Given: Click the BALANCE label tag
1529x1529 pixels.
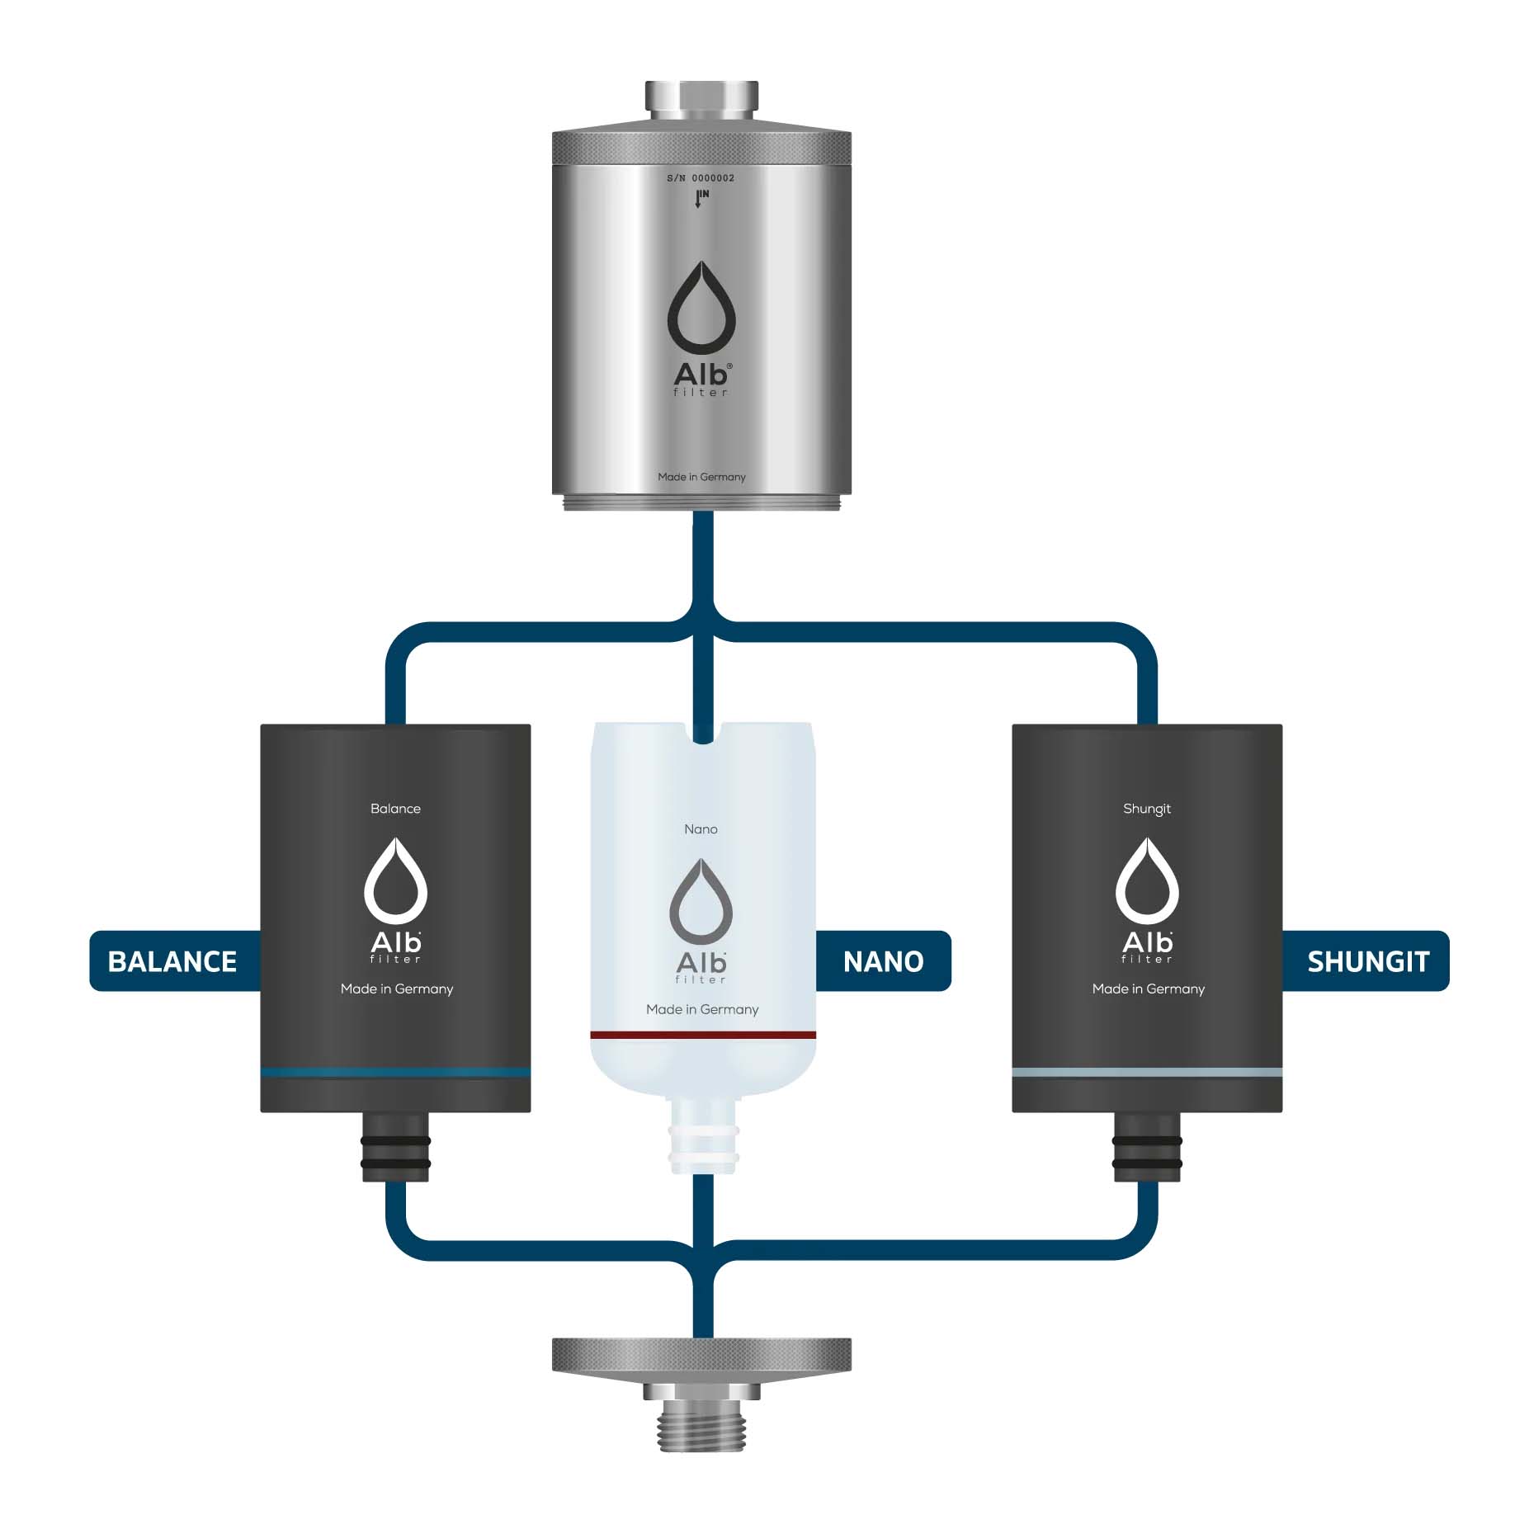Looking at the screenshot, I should coord(172,961).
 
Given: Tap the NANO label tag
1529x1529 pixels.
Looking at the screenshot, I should coord(883,961).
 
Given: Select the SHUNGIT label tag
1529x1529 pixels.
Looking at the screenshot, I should coord(1367,961).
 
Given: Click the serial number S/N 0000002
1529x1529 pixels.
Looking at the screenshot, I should coord(701,178).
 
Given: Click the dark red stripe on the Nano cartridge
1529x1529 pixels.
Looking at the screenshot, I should coord(703,1035).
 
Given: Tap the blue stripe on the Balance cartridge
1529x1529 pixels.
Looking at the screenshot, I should coord(395,1073).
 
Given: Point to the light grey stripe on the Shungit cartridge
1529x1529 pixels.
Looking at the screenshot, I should coord(1147,1073).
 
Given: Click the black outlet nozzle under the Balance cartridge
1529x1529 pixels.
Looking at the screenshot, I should coord(395,1147).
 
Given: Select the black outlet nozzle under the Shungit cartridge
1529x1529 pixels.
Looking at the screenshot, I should coord(1147,1147).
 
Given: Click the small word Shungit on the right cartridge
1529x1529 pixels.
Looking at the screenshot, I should coord(1147,809).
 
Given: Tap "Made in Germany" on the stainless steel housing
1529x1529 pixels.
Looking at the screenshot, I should coord(701,477).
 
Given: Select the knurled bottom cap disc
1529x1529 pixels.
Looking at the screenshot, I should coord(701,1356).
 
